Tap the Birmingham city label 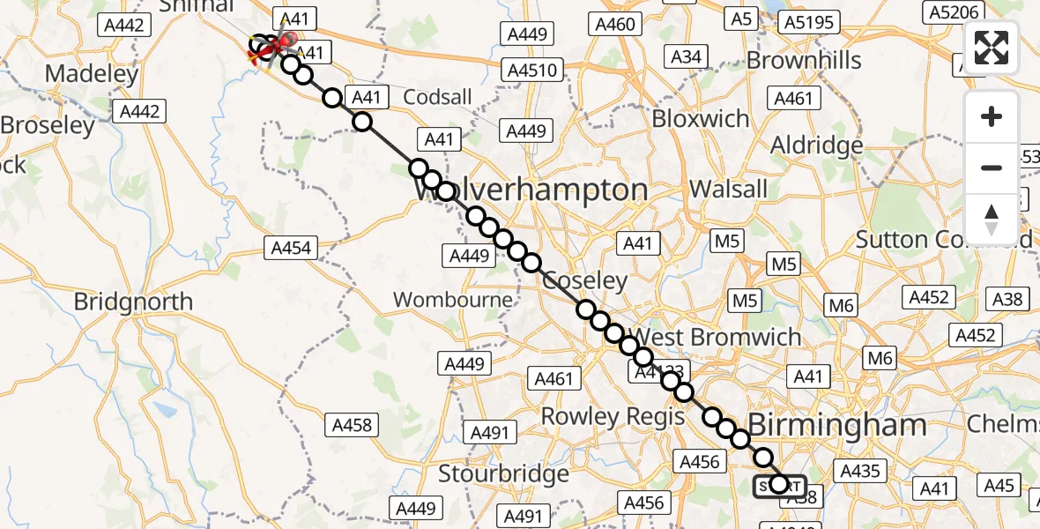click(x=837, y=426)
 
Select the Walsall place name click(x=729, y=189)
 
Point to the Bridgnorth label click(x=133, y=302)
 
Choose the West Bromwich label click(x=717, y=337)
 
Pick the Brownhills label click(x=804, y=60)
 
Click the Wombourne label click(x=452, y=300)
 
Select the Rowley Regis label click(x=613, y=416)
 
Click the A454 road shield click(x=291, y=249)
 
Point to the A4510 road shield click(x=535, y=69)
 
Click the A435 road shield click(x=860, y=471)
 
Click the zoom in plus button click(x=992, y=117)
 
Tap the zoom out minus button click(x=992, y=168)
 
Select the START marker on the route click(x=779, y=486)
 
